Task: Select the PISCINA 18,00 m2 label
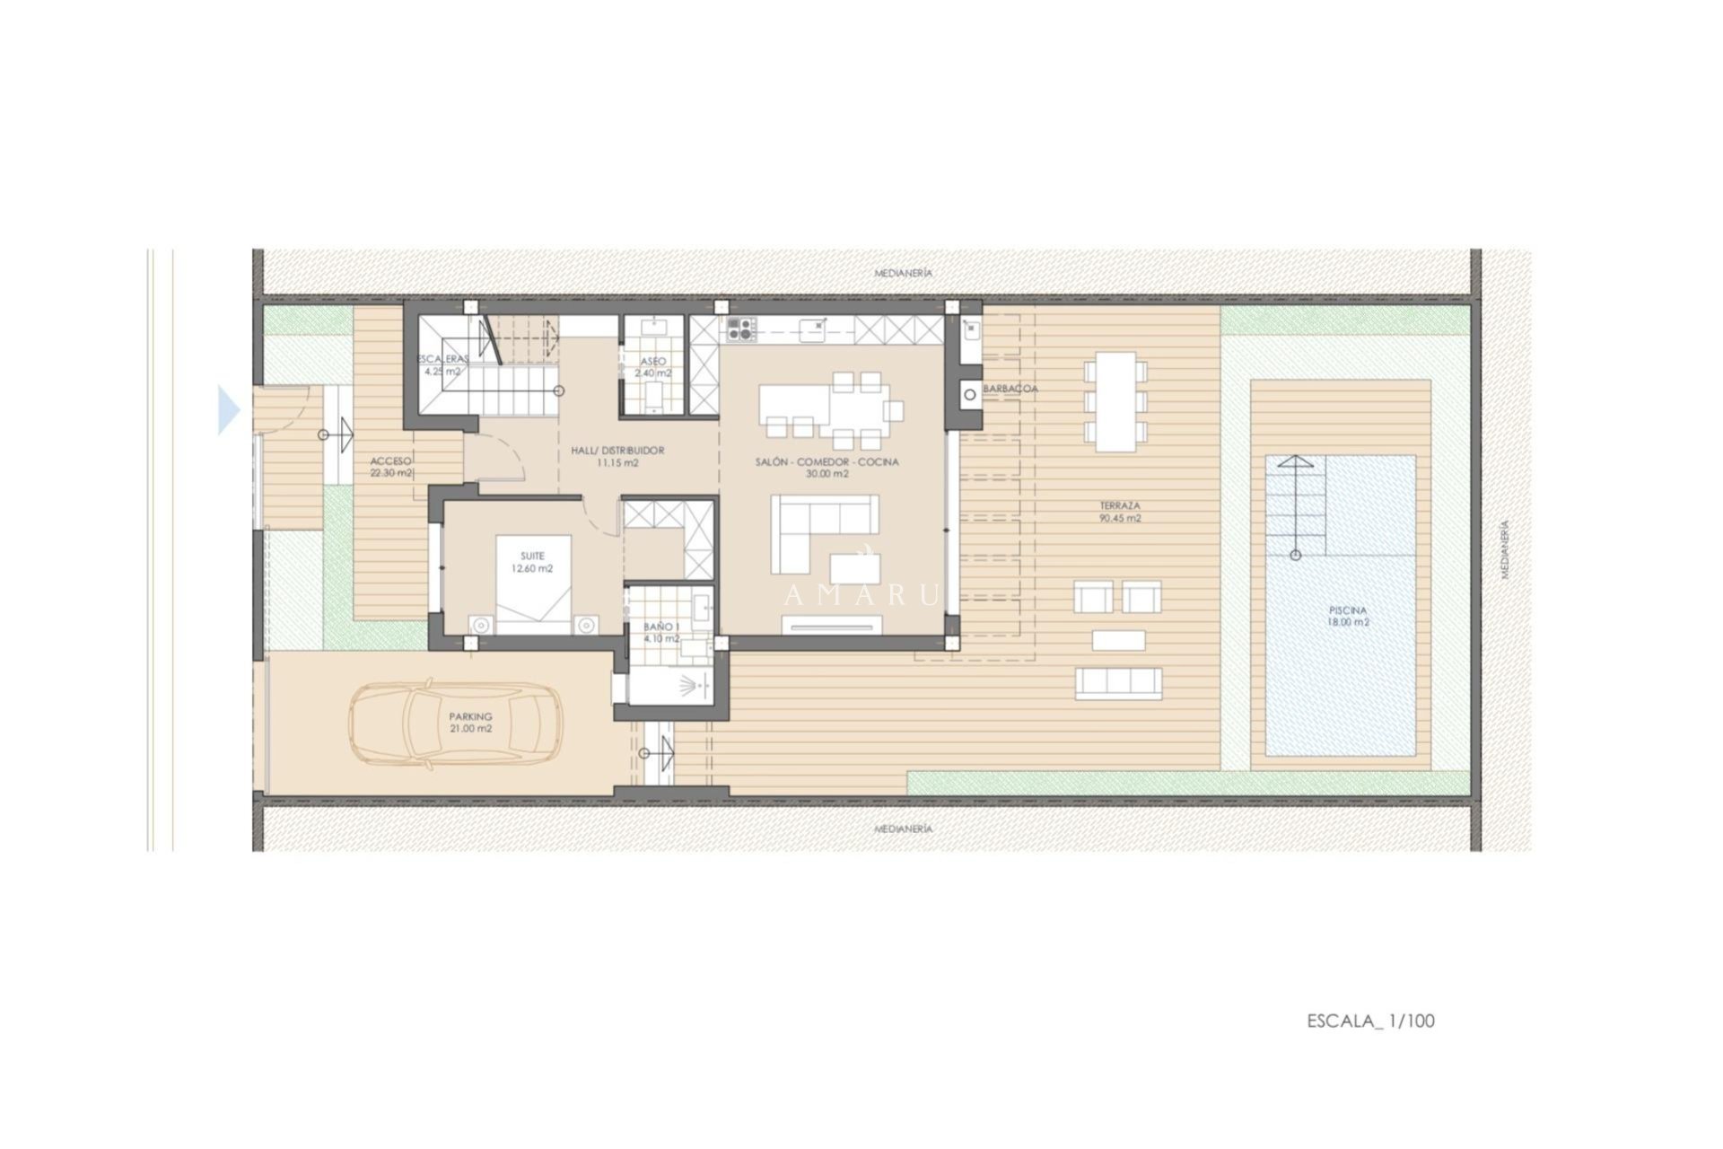1349,616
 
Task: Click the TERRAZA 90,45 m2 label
1120,512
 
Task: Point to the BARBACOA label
1010,389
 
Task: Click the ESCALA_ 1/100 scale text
1370,1021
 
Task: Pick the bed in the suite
533,583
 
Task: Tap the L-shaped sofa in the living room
824,533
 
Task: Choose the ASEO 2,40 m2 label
652,366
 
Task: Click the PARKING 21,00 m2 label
471,722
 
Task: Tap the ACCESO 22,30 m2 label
391,467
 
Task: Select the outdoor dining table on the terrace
1115,401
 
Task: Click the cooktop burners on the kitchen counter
739,329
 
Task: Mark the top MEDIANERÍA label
904,272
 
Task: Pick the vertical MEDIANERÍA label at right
1505,548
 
